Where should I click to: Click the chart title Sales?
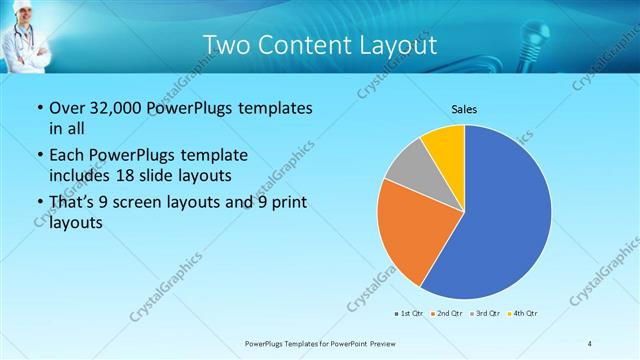(x=463, y=108)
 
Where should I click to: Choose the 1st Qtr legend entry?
(x=408, y=314)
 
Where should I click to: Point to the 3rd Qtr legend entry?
(x=485, y=314)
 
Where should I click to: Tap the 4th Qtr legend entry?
(x=524, y=314)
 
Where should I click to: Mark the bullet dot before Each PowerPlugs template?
(x=39, y=156)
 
